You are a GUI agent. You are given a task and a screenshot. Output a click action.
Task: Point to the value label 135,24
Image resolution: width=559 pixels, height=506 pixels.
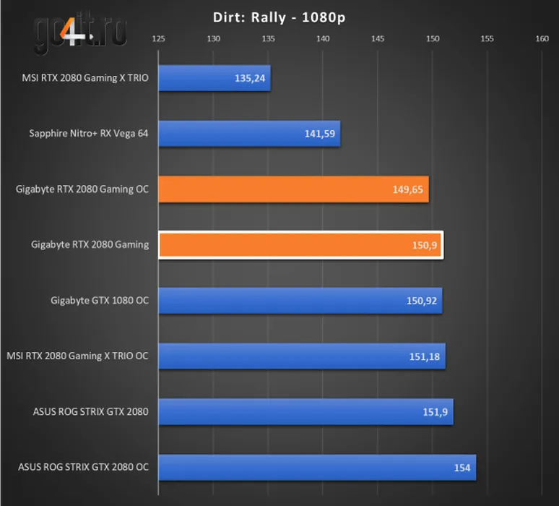pos(249,78)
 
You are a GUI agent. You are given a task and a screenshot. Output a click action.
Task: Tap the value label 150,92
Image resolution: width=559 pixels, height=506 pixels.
pos(421,301)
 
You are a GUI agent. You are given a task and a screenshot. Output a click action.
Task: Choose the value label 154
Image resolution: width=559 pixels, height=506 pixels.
pos(462,468)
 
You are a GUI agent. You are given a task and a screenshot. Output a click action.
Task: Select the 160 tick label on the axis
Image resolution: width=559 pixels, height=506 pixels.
pos(542,38)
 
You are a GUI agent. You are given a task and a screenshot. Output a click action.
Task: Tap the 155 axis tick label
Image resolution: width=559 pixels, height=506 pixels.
pos(487,38)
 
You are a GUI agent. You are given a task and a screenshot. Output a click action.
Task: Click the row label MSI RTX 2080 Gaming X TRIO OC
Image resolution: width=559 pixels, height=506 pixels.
pos(77,356)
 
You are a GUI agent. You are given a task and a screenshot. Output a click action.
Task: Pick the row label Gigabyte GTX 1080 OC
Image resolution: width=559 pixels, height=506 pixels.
pos(100,300)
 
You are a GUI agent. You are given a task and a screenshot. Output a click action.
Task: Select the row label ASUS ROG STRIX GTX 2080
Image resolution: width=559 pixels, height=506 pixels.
pos(90,411)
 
